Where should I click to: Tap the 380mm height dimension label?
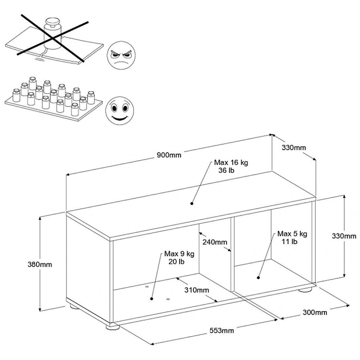(x=40, y=265)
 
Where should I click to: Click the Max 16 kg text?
(x=231, y=162)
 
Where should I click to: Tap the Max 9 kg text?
(x=179, y=254)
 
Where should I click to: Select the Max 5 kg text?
(x=292, y=234)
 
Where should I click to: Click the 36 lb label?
(x=226, y=170)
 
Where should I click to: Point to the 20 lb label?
(x=176, y=262)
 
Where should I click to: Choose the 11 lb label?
(x=289, y=242)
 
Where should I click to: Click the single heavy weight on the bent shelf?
(x=51, y=35)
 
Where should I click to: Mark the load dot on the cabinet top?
(x=192, y=203)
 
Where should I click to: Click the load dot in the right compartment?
(x=258, y=277)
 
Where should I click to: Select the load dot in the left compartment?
(x=152, y=298)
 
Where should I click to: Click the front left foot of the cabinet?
(x=113, y=327)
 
